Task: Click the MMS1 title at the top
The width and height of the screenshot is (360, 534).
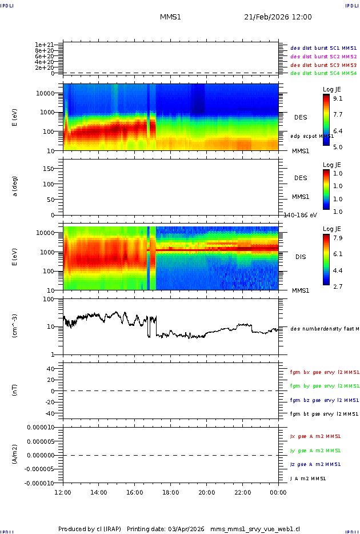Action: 170,17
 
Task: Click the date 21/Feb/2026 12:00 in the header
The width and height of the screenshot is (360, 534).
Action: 278,17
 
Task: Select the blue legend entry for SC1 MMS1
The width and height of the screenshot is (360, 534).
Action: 323,49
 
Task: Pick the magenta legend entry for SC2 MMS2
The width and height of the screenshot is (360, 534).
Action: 323,57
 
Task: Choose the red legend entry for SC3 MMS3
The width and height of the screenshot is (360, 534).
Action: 323,65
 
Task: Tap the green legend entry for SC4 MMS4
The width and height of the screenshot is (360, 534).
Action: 323,73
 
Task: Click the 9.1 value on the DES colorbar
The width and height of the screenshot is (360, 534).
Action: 337,98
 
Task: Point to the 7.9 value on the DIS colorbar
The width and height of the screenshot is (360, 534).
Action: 337,237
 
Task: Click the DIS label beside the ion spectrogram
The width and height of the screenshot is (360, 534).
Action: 301,257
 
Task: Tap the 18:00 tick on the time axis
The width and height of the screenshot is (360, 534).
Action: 171,492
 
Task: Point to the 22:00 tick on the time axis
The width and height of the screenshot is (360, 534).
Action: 243,492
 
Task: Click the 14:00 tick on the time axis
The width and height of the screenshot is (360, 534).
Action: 99,492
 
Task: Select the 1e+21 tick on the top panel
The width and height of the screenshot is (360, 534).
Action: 44,45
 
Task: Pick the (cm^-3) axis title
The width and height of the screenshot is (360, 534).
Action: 15,326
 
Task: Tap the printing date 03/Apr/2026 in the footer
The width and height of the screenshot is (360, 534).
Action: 187,528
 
